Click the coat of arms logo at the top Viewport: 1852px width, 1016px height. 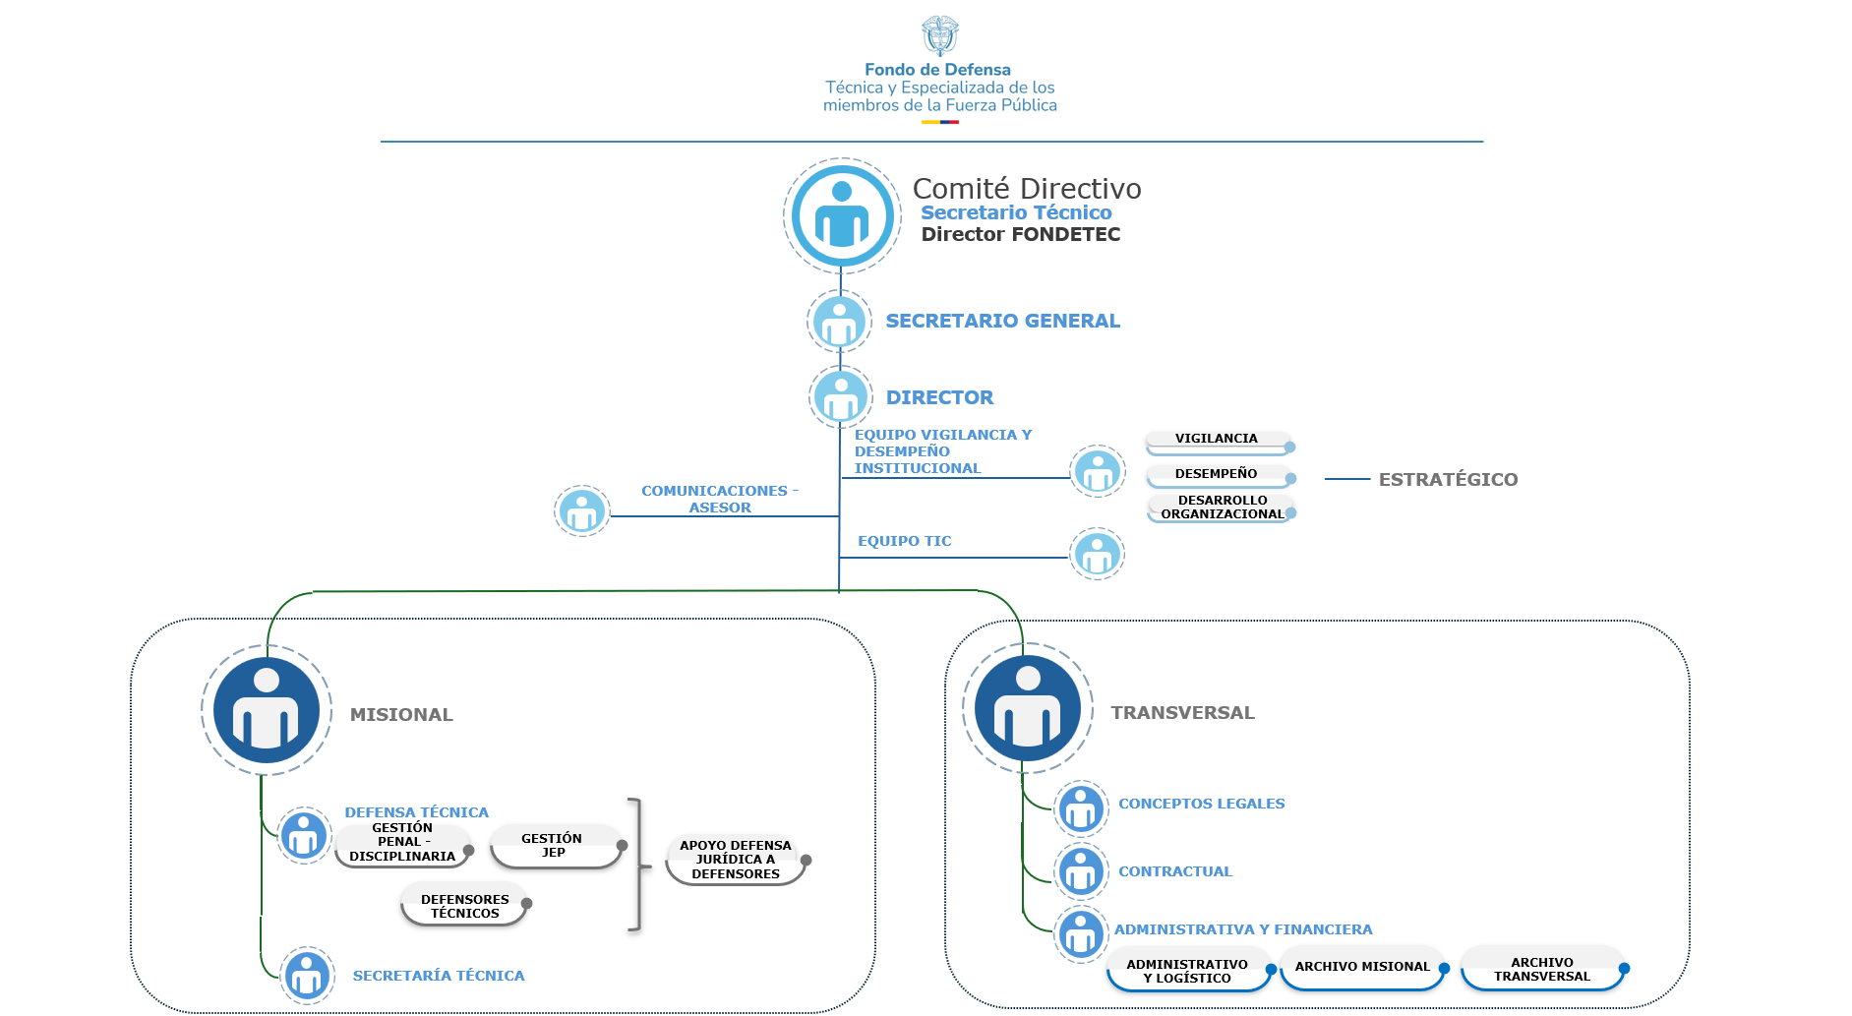click(x=939, y=35)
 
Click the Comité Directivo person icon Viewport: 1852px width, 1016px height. click(x=842, y=215)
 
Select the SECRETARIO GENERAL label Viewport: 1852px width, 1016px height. click(x=1002, y=321)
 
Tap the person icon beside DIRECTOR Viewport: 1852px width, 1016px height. click(x=841, y=397)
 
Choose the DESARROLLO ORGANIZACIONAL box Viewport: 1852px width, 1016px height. click(x=1221, y=508)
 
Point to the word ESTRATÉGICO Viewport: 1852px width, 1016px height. click(x=1448, y=480)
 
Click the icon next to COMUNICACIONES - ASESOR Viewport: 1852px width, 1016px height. click(x=582, y=511)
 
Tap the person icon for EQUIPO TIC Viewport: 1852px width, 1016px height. click(x=1098, y=554)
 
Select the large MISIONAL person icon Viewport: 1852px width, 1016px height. click(x=267, y=710)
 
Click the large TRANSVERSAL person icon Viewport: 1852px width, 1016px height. click(x=1028, y=708)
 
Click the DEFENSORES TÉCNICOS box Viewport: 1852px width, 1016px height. click(x=466, y=906)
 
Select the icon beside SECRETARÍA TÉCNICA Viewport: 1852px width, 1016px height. click(x=308, y=975)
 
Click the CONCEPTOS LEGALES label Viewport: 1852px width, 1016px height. click(x=1201, y=804)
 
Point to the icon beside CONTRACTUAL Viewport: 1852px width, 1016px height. click(x=1081, y=871)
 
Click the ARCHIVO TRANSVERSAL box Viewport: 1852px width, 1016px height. click(x=1542, y=969)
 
